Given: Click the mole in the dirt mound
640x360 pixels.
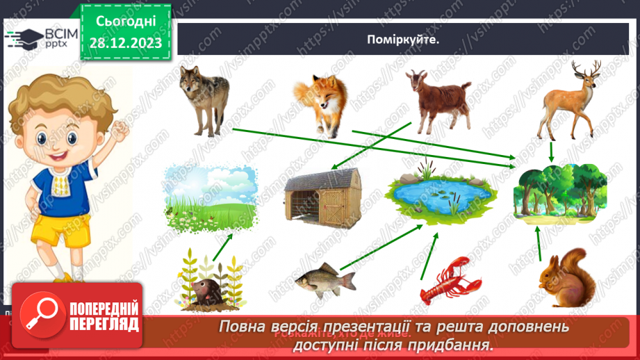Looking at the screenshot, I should point(208,288).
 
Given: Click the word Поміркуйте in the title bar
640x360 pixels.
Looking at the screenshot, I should point(404,40).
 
